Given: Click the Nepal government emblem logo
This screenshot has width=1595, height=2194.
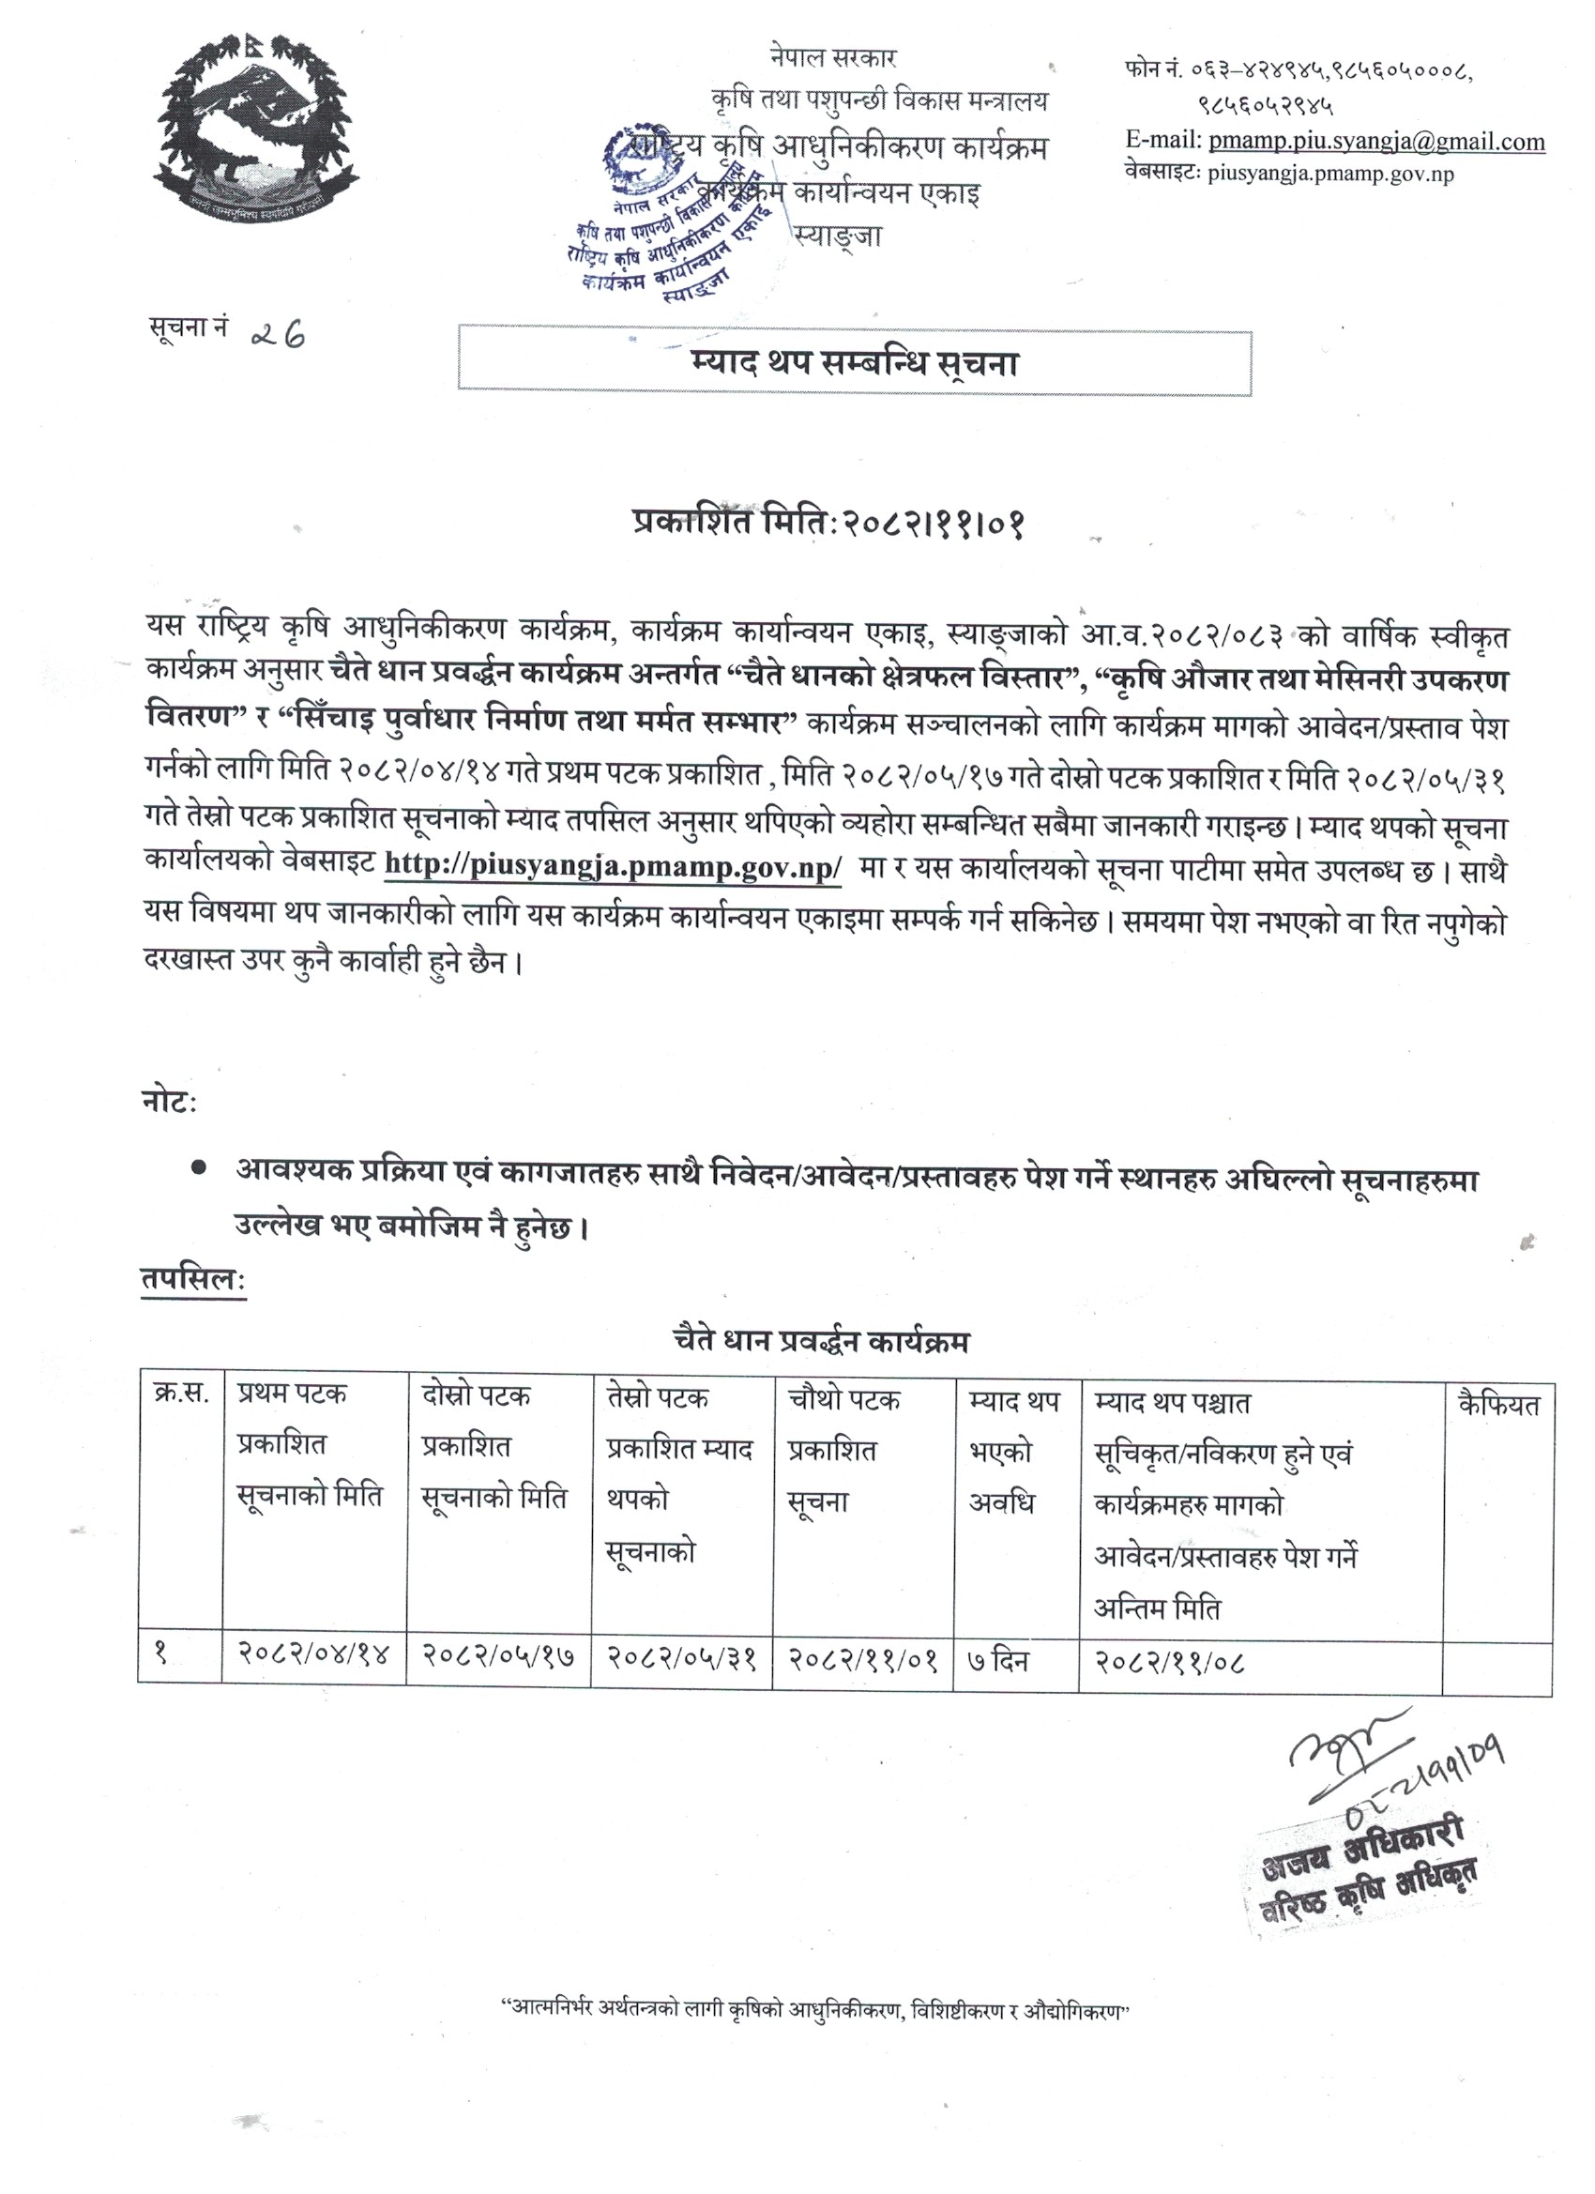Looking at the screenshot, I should [256, 128].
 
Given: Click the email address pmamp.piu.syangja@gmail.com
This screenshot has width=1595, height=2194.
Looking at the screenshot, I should [1375, 142].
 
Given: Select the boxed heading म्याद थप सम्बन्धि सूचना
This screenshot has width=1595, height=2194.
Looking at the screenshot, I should [854, 364].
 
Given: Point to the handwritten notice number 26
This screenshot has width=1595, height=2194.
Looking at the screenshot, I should [278, 334].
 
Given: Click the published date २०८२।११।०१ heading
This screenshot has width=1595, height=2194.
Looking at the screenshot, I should [828, 525].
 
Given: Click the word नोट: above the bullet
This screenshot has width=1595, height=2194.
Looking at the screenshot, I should [168, 1102].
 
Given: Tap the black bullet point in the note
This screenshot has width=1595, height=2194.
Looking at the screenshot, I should [198, 1168].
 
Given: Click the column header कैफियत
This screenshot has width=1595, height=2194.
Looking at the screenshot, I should [1497, 1405].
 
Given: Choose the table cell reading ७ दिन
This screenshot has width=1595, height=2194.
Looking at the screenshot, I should [999, 1661].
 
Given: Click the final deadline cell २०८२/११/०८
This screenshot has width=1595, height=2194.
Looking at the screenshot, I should [1169, 1662].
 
